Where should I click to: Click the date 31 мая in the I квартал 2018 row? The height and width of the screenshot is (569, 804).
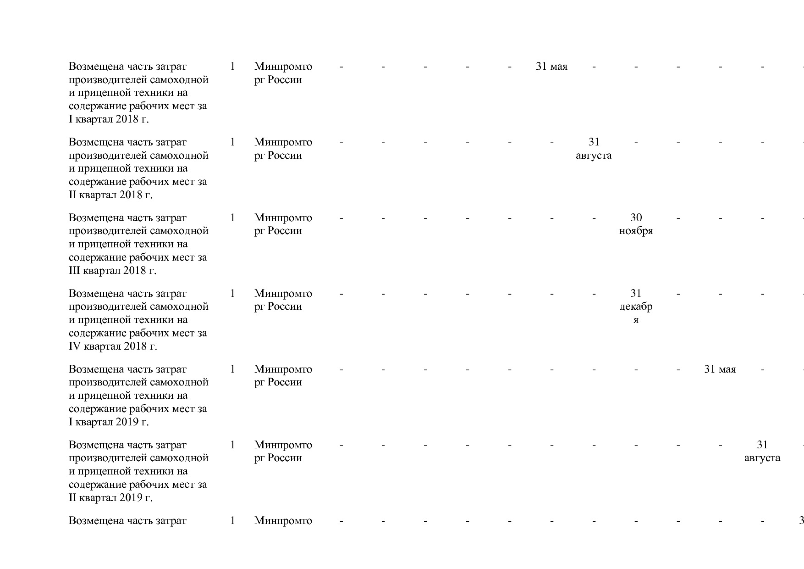pyautogui.click(x=551, y=67)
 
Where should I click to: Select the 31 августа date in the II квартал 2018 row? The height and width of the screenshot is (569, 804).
pyautogui.click(x=594, y=149)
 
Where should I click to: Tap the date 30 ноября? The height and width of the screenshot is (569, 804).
pyautogui.click(x=636, y=224)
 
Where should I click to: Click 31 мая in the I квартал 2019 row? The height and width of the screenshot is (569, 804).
pyautogui.click(x=720, y=369)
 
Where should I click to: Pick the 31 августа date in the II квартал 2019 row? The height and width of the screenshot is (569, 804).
pyautogui.click(x=762, y=451)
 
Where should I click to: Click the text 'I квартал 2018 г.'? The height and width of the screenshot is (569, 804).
pyautogui.click(x=109, y=119)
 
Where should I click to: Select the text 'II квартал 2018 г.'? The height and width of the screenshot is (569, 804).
pyautogui.click(x=110, y=195)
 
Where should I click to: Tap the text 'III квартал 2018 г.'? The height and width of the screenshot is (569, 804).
pyautogui.click(x=112, y=271)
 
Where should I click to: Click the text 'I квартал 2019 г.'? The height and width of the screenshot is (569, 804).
pyautogui.click(x=109, y=422)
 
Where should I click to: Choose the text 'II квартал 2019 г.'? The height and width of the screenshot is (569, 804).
pyautogui.click(x=110, y=498)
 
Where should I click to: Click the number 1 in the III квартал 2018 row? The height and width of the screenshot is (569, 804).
pyautogui.click(x=232, y=218)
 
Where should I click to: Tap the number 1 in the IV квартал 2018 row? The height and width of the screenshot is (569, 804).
pyautogui.click(x=232, y=293)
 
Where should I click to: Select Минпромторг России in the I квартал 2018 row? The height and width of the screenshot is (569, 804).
pyautogui.click(x=283, y=73)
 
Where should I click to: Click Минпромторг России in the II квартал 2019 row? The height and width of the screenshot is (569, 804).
pyautogui.click(x=283, y=452)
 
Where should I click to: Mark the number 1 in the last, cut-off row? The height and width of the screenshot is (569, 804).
pyautogui.click(x=232, y=520)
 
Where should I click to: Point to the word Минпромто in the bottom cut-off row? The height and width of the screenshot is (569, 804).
pyautogui.click(x=283, y=521)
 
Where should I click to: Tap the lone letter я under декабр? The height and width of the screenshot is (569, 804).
pyautogui.click(x=636, y=320)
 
